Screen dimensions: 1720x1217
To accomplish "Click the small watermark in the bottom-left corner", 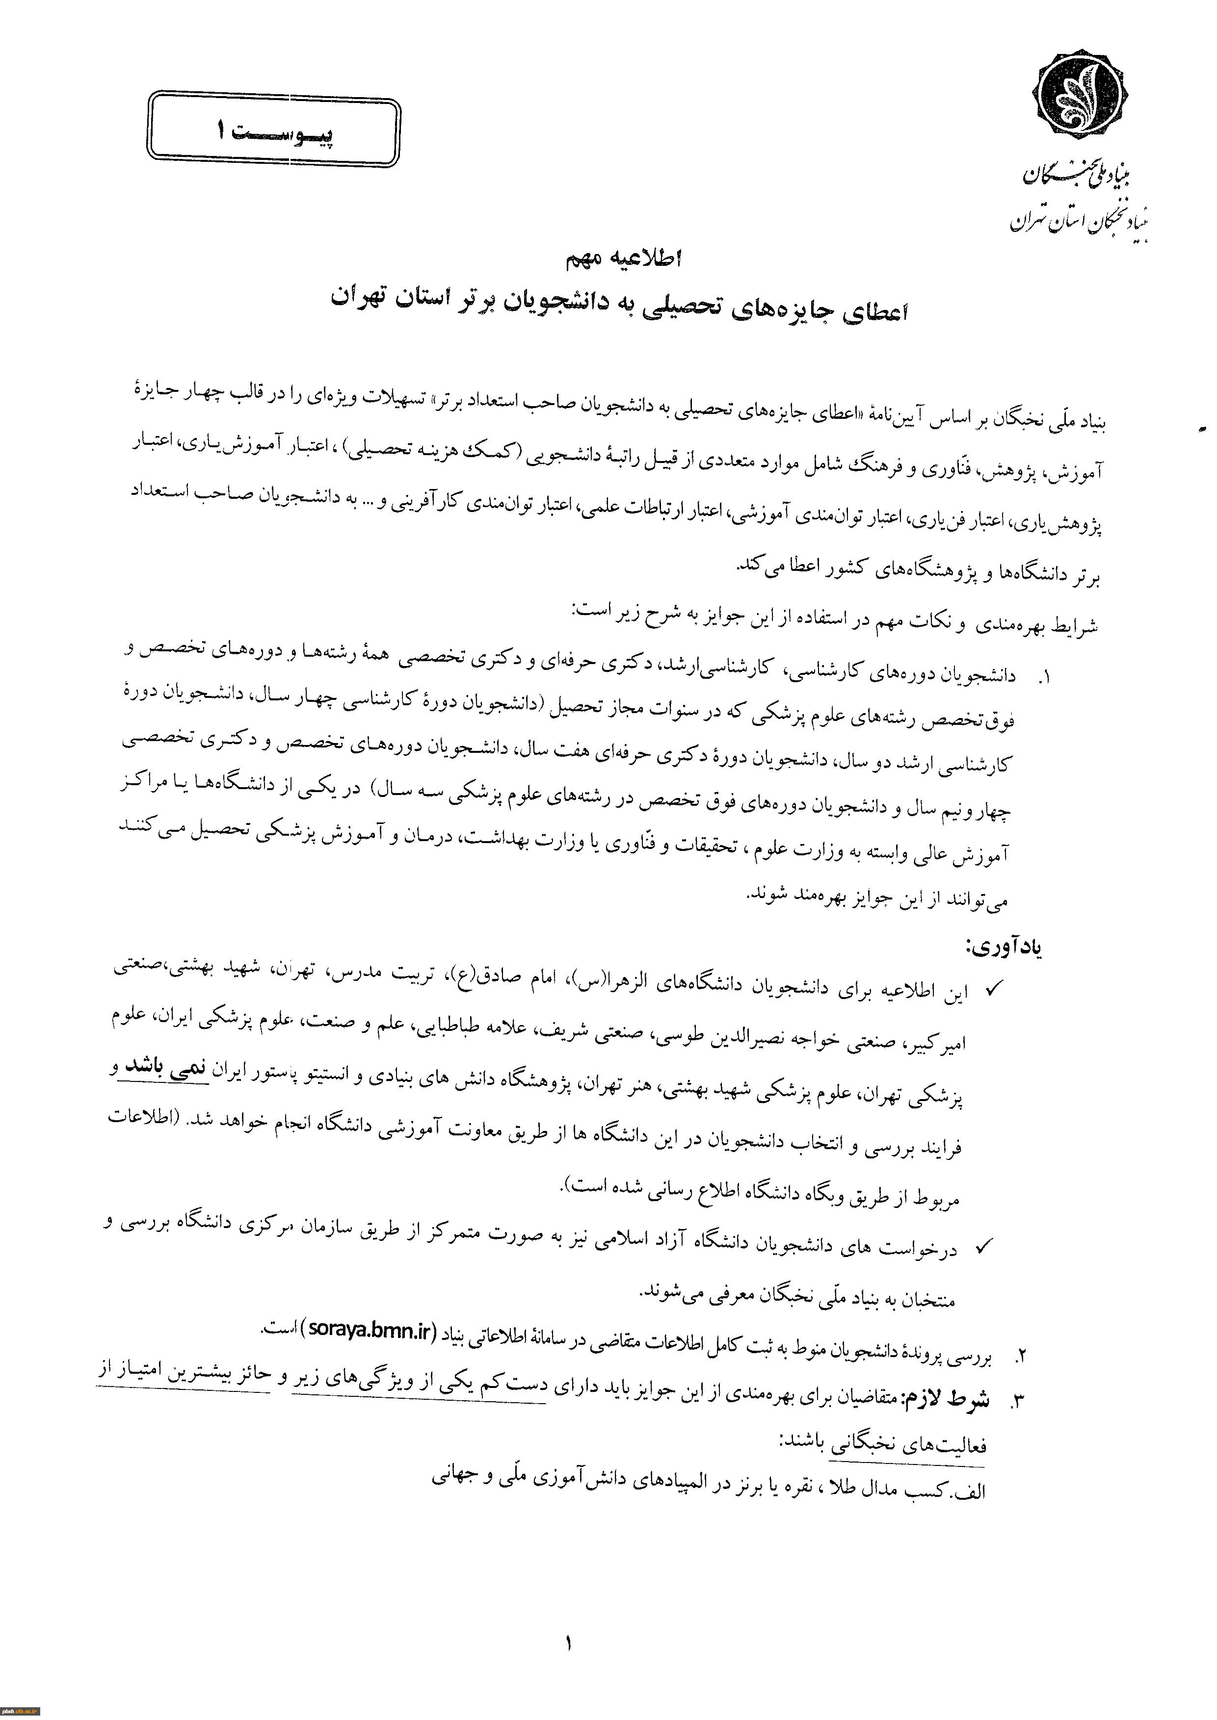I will pos(20,1712).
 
